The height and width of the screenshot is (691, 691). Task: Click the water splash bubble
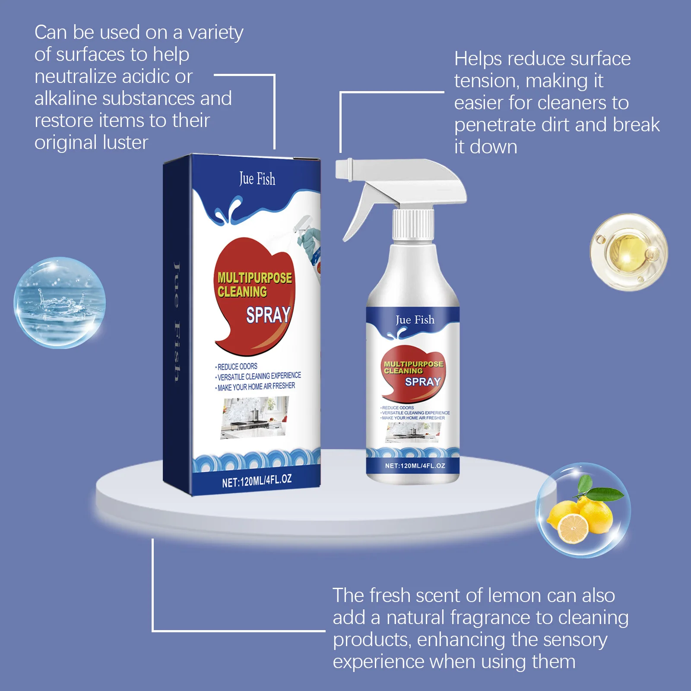coord(60,302)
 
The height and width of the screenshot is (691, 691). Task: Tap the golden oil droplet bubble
coord(628,252)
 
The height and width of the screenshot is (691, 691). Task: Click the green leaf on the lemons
coord(605,494)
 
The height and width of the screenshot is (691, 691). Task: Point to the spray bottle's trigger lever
coord(358,212)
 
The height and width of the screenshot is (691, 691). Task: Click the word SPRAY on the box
coord(268,315)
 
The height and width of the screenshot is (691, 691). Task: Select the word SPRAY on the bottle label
coord(422,382)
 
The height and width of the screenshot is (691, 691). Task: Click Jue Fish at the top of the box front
coord(257,179)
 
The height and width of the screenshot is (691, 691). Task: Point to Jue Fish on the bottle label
coord(415,320)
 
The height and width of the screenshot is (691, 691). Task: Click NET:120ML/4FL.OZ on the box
coord(257,481)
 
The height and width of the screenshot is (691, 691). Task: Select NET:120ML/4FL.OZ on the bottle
coord(415,466)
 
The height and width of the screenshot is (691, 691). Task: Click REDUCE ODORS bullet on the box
coord(237,367)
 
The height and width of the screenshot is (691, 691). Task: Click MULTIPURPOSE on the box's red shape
coord(254,278)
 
